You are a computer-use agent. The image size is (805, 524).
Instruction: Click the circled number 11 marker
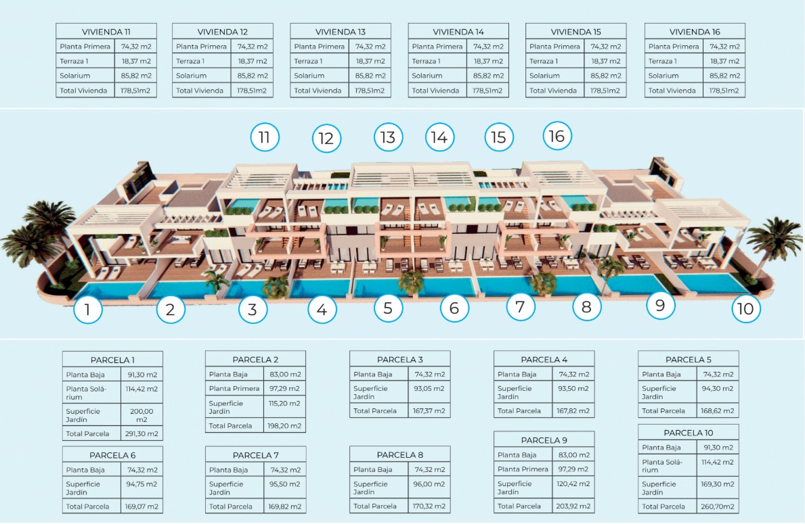point(265,137)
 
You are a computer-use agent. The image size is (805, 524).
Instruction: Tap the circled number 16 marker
point(557,136)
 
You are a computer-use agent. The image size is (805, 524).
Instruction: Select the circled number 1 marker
point(88,309)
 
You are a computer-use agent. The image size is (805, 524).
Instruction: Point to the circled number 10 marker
point(745,308)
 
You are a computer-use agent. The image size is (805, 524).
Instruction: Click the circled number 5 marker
point(388,308)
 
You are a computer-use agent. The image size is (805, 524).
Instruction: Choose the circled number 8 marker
point(586,306)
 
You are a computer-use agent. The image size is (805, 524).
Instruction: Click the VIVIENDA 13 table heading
point(341,32)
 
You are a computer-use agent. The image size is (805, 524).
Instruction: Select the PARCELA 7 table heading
point(256,455)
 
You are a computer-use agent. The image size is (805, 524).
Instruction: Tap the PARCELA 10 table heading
point(689,433)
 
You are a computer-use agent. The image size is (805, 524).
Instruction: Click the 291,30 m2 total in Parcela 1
point(142,434)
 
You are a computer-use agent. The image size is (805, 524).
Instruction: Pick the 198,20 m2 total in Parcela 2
point(284,425)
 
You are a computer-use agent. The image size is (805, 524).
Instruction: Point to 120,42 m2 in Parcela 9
point(573,483)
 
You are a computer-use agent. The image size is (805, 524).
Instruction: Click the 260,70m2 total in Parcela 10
point(717,506)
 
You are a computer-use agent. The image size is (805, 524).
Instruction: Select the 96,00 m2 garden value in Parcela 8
point(429,484)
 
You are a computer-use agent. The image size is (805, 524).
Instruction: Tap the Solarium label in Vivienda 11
point(75,75)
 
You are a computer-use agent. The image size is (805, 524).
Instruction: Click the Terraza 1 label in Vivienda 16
point(663,61)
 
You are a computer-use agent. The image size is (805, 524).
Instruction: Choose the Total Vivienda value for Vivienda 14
point(487,91)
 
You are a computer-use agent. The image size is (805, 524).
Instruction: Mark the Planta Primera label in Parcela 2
point(234,389)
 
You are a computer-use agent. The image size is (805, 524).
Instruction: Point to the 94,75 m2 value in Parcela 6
point(142,484)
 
